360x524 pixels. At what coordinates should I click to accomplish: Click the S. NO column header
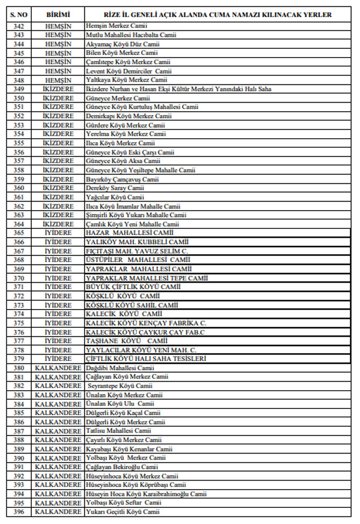tap(19, 15)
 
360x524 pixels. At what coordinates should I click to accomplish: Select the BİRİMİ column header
tap(58, 15)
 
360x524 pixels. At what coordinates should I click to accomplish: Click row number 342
tap(19, 25)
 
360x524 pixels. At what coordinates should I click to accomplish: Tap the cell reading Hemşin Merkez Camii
tap(117, 25)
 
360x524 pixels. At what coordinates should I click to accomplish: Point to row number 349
tap(19, 89)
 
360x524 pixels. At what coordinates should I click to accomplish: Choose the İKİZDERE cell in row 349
tap(58, 89)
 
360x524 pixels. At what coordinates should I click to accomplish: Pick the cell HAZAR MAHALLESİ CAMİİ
tap(129, 233)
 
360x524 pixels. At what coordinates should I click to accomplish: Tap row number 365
tap(19, 233)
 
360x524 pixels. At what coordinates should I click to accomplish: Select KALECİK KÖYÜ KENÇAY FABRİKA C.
tap(146, 324)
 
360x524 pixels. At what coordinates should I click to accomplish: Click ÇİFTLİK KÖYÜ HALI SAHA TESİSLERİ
tap(147, 360)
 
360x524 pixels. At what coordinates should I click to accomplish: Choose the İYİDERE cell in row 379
tap(58, 360)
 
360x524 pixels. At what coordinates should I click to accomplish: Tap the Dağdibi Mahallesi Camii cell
tap(120, 368)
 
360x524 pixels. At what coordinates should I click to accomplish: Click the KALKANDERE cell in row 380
tap(58, 368)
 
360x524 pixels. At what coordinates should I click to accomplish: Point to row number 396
tap(19, 512)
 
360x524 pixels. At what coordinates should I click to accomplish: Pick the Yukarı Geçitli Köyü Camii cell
tap(123, 512)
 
